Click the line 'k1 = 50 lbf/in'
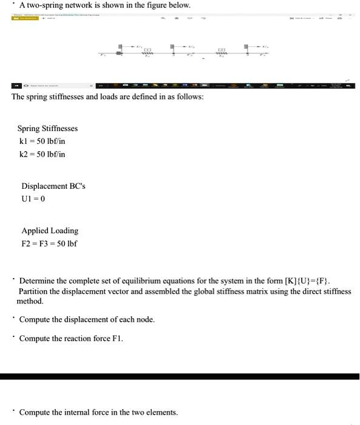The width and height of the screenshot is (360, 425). pyautogui.click(x=42, y=141)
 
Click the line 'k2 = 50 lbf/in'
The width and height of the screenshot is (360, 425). pyautogui.click(x=42, y=154)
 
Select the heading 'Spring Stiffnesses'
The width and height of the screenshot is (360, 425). pyautogui.click(x=47, y=129)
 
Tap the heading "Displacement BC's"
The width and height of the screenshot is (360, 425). pyautogui.click(x=53, y=186)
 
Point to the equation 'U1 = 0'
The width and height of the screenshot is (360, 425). pyautogui.click(x=33, y=199)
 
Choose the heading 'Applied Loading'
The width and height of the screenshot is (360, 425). pyautogui.click(x=50, y=231)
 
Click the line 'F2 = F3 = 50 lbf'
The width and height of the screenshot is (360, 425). pyautogui.click(x=49, y=244)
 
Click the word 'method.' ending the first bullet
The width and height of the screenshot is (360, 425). pyautogui.click(x=30, y=301)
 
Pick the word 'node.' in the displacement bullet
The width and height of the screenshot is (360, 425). pyautogui.click(x=146, y=319)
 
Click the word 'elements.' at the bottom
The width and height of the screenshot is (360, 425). pyautogui.click(x=162, y=412)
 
